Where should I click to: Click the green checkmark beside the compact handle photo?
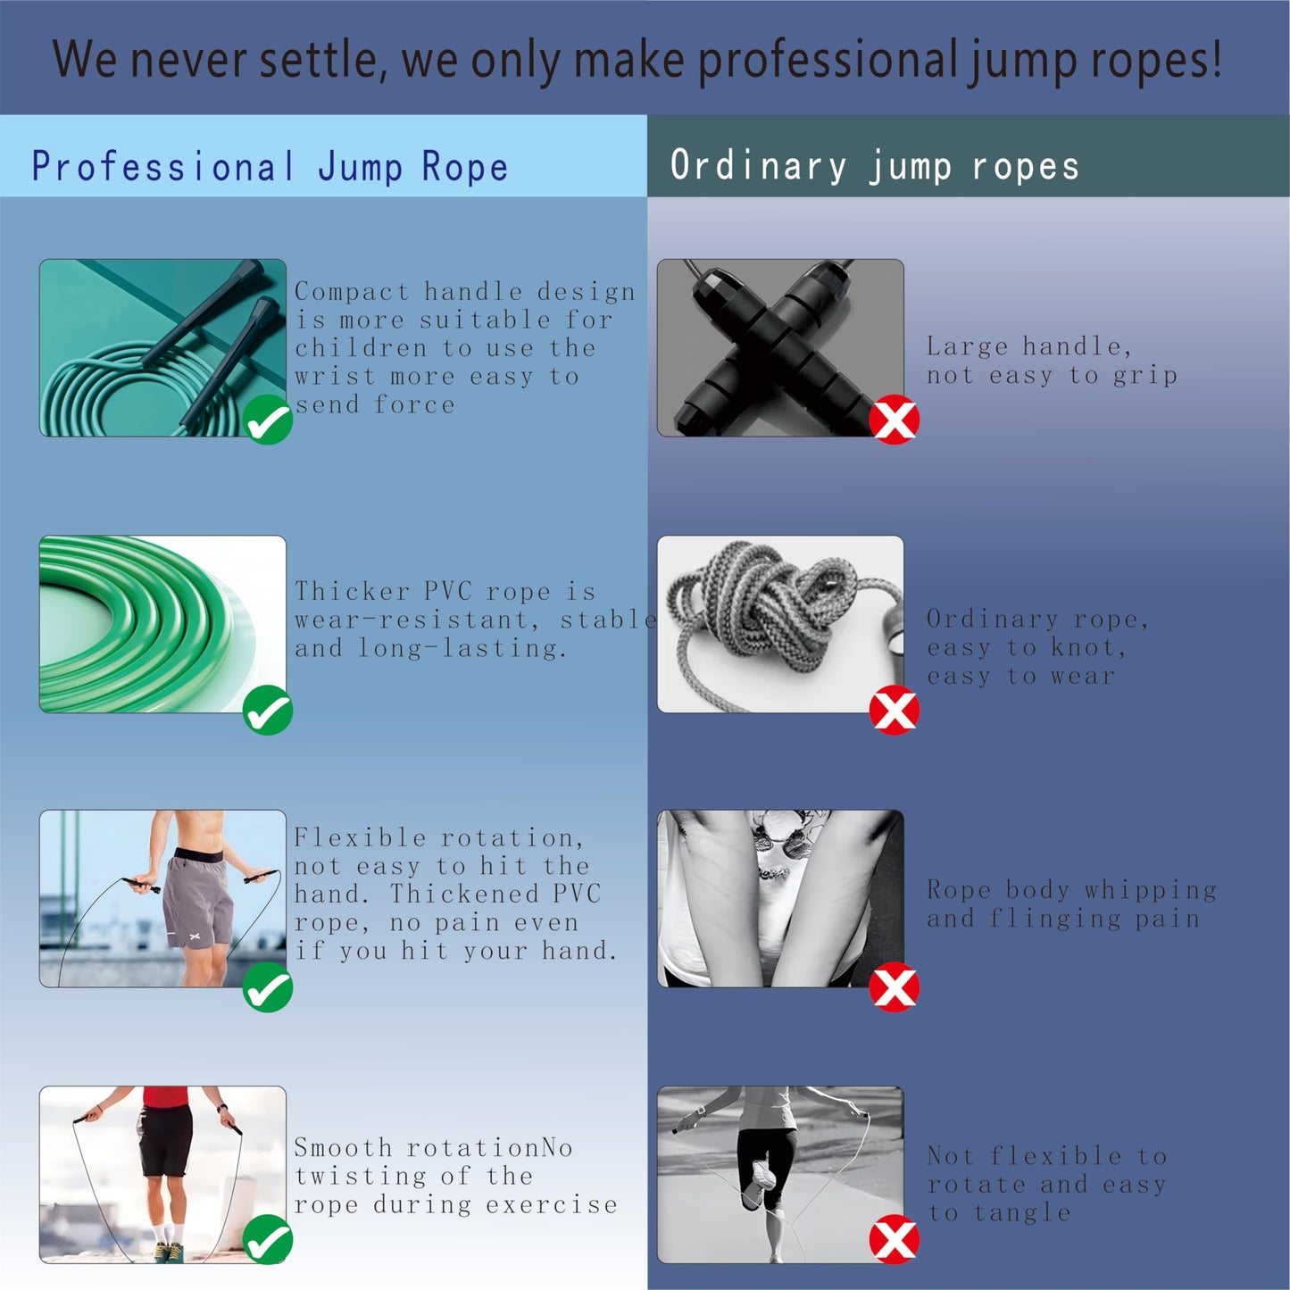coord(268,419)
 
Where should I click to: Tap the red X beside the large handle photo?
coord(895,419)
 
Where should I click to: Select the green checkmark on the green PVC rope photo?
coord(268,710)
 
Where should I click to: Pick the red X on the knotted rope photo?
coord(895,710)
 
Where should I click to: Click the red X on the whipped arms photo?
coord(895,986)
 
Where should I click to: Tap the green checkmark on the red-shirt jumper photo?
coord(268,1239)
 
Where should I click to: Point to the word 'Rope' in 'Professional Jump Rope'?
coord(464,166)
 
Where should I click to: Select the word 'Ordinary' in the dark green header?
coord(758,166)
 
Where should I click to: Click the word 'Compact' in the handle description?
coord(352,292)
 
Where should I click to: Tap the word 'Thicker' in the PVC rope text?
coord(352,591)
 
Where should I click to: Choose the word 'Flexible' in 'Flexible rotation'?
coord(360,837)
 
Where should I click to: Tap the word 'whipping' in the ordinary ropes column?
coord(1150,890)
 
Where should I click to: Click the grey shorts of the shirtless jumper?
coord(199,897)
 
